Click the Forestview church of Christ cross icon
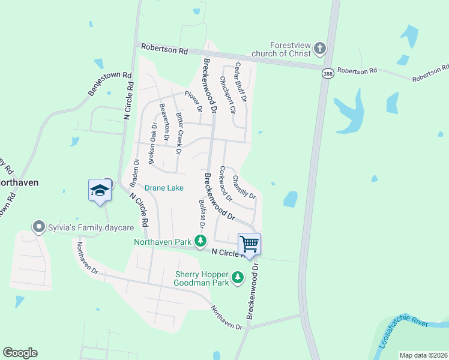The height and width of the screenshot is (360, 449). coord(320,48)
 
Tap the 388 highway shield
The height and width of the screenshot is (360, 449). coord(327,73)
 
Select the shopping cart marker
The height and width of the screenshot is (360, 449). coord(249,244)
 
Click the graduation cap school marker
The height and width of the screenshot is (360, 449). coord(100,191)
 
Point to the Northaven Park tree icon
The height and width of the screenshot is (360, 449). coord(200,241)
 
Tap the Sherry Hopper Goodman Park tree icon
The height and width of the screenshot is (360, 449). coord(238,277)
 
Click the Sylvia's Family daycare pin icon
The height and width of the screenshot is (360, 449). coord(40,227)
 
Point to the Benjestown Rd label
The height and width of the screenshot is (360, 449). coord(109,84)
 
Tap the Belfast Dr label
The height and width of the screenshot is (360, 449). coord(202,213)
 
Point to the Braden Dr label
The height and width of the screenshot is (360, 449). coord(135,170)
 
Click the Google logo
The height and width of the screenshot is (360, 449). coord(20,353)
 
